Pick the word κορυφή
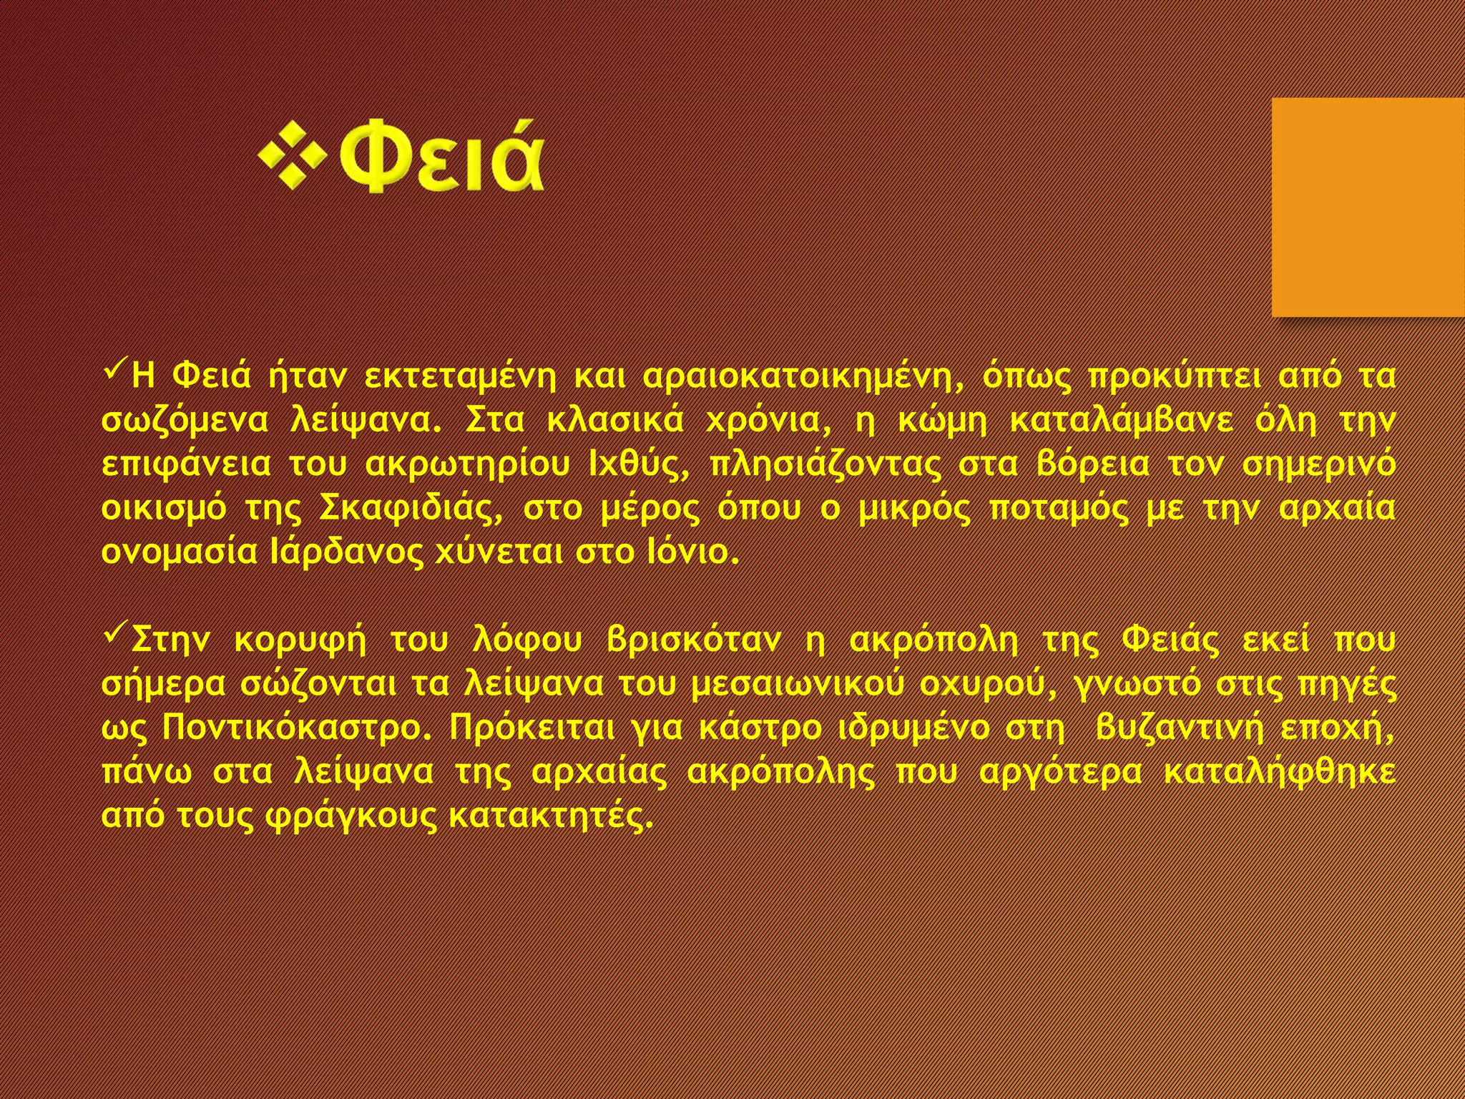point(300,640)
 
